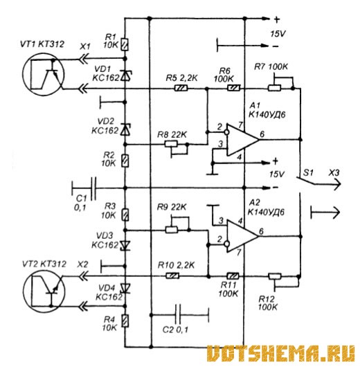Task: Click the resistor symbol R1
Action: point(125,44)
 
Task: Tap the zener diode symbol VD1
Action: point(126,75)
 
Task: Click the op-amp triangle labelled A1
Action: point(242,140)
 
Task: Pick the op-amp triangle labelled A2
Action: point(242,236)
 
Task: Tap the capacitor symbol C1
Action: point(93,188)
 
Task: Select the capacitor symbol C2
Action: point(178,315)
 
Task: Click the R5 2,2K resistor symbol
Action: point(181,89)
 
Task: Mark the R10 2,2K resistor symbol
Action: point(173,276)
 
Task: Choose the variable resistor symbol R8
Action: point(176,147)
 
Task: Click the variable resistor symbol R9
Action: point(177,225)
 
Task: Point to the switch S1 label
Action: point(308,172)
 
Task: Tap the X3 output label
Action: point(334,173)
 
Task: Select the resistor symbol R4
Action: point(125,321)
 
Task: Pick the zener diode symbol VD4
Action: point(125,288)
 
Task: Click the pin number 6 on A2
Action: point(262,231)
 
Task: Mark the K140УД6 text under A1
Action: point(267,115)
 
